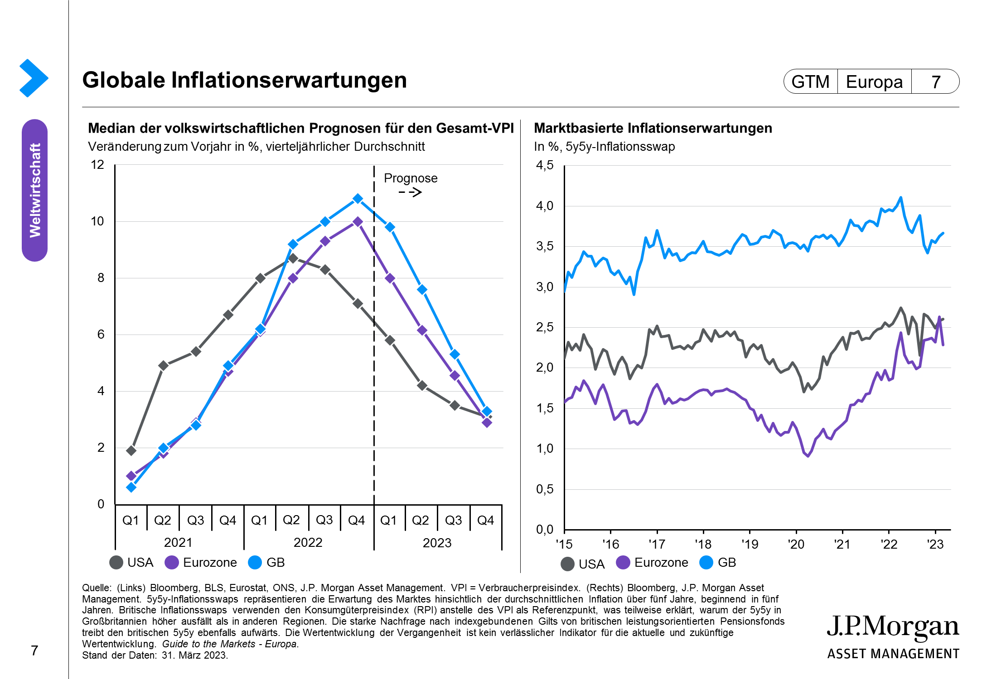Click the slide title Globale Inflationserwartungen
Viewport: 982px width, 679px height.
click(244, 80)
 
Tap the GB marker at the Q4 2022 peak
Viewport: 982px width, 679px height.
click(358, 199)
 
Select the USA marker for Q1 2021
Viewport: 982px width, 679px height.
click(131, 450)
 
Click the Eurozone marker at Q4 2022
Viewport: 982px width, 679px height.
click(358, 222)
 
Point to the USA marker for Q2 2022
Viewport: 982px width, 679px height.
click(293, 258)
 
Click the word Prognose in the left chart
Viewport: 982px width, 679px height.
click(411, 178)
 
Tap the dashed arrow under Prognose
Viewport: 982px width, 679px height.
click(411, 192)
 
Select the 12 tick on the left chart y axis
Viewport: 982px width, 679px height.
click(97, 165)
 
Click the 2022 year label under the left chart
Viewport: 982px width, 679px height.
click(308, 542)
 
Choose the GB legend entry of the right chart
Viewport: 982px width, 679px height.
click(718, 563)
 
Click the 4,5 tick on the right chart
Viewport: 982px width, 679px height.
click(545, 165)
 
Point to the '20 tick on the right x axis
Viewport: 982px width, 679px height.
click(796, 544)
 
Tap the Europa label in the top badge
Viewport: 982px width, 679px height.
click(874, 82)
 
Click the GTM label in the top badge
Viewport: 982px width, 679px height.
click(810, 82)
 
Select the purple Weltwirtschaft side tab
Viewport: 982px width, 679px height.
click(35, 190)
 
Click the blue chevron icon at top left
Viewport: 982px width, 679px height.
click(34, 78)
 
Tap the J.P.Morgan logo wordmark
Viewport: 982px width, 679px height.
click(893, 627)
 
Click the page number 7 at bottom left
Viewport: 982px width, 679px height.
click(34, 651)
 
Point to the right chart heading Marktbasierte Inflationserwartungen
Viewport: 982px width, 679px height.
click(653, 129)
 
